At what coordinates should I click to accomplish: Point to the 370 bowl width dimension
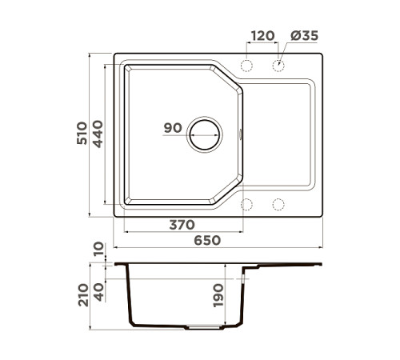(x=183, y=226)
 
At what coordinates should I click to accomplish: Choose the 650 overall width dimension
(x=206, y=240)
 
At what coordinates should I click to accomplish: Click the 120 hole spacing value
(x=262, y=36)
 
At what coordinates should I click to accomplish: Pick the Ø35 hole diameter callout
(x=305, y=36)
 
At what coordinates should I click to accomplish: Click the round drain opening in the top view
(x=203, y=134)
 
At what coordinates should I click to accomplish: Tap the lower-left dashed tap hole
(x=247, y=203)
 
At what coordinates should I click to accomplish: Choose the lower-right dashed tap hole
(x=278, y=203)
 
